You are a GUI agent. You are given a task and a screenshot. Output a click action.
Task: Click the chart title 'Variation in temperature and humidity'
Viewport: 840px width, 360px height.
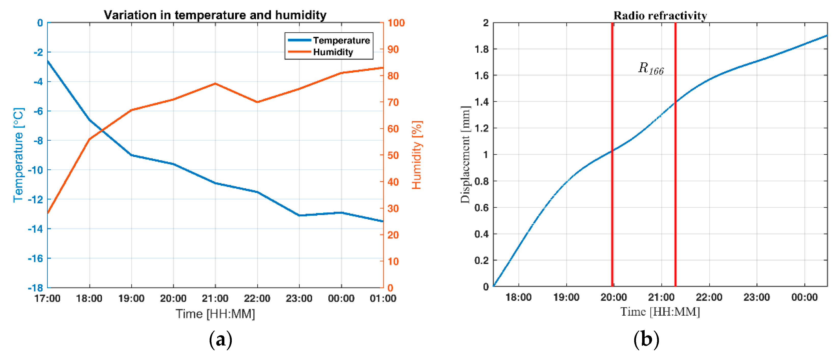[x=215, y=15]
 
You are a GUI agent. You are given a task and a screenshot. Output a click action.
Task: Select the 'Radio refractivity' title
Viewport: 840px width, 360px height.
[x=660, y=15]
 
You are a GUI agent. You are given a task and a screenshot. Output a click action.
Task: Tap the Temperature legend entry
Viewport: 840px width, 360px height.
[x=341, y=41]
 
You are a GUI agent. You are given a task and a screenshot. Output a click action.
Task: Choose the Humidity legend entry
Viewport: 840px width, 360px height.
[x=333, y=52]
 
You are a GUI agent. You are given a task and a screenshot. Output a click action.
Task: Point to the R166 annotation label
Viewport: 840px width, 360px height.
[x=651, y=69]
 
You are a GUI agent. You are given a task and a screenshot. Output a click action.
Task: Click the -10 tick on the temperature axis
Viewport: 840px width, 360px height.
[x=35, y=170]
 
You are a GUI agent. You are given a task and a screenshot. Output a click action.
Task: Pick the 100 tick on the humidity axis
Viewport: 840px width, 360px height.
[x=396, y=23]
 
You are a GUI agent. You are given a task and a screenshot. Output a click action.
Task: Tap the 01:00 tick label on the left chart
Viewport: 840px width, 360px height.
[x=383, y=298]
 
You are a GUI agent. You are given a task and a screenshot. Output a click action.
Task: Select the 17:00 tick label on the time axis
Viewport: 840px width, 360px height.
[x=47, y=298]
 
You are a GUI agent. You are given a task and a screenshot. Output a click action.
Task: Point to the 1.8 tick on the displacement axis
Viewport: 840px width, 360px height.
[x=482, y=49]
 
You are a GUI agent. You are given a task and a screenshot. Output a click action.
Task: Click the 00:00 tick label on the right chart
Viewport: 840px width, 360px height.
[x=804, y=297]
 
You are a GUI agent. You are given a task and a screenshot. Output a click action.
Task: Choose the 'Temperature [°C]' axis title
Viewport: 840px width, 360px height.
[x=19, y=155]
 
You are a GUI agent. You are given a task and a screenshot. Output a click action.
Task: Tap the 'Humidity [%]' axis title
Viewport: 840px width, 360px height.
[x=417, y=155]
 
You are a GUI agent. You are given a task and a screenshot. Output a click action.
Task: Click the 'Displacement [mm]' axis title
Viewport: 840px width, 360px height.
[x=465, y=155]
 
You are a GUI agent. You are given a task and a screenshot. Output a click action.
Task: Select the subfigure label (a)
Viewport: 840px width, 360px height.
[x=220, y=340]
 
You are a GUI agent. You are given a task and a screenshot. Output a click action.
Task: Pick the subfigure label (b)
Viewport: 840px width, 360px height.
[x=646, y=340]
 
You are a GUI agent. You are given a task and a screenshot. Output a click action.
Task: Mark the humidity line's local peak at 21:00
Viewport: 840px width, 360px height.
[x=215, y=84]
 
